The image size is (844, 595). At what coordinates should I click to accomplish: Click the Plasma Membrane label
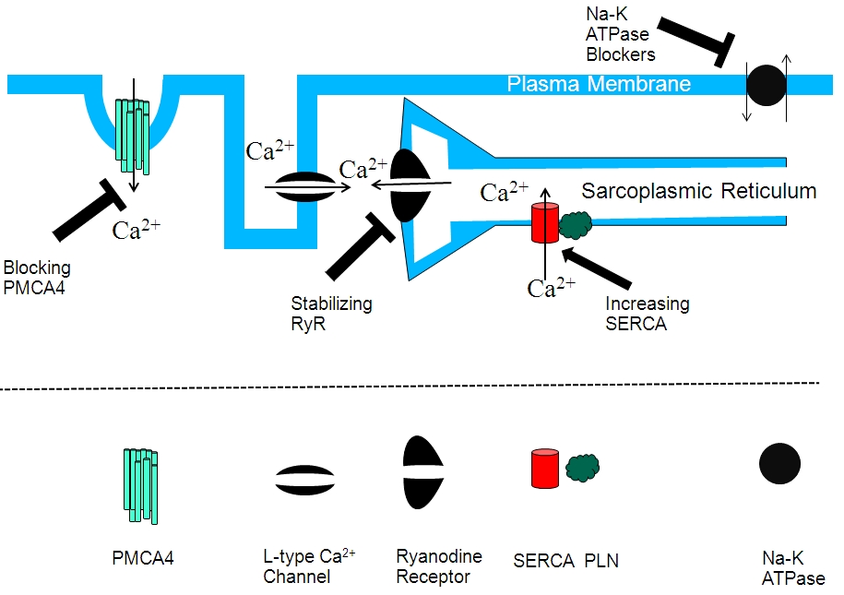(599, 84)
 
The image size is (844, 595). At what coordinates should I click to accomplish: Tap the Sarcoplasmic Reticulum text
(699, 192)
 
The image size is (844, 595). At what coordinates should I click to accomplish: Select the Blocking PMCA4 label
(38, 277)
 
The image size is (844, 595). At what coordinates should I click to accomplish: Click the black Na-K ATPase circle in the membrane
(767, 86)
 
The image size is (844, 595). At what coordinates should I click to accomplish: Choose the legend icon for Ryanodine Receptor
(424, 471)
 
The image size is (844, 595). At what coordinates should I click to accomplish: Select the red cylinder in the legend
(544, 469)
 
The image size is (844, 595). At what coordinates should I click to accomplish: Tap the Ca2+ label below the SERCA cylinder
(553, 287)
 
